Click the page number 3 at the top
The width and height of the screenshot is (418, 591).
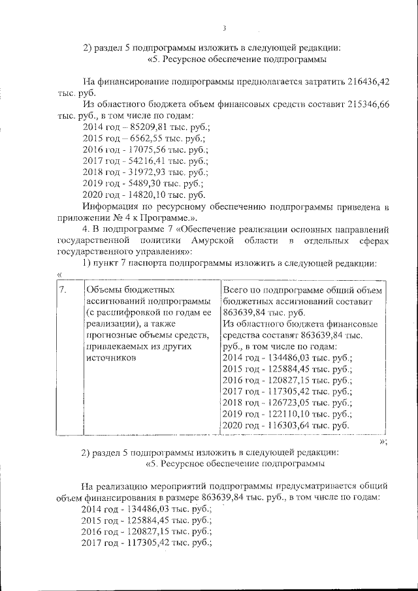[224, 28]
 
